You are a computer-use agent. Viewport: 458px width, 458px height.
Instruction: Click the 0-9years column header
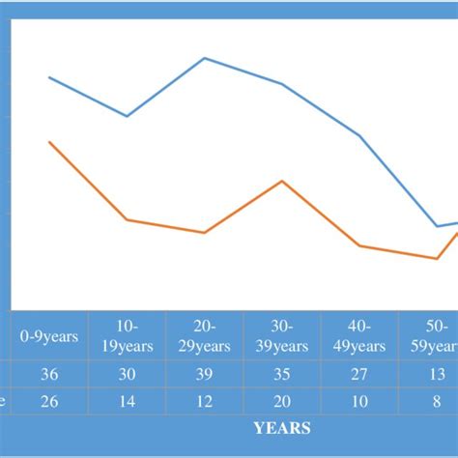[x=49, y=336]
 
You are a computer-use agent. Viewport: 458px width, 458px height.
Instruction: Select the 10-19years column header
[x=127, y=336]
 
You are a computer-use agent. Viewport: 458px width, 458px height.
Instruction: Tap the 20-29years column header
[x=204, y=336]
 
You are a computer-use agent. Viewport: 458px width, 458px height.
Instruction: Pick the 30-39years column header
[x=281, y=336]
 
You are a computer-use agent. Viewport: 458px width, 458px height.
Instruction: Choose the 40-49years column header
[x=358, y=336]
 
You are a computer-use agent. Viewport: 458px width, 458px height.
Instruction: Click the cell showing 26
[x=49, y=401]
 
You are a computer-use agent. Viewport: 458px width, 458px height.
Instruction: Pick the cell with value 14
[x=127, y=401]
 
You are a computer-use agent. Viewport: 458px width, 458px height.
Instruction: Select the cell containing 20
[x=281, y=401]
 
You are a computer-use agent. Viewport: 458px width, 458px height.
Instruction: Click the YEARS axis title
[x=281, y=427]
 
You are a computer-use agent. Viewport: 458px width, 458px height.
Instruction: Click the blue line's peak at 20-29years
[x=205, y=58]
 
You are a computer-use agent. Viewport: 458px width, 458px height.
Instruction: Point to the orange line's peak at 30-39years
[x=281, y=181]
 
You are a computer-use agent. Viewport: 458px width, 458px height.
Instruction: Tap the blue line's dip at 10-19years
[x=128, y=116]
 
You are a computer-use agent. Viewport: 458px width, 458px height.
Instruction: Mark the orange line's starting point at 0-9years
[x=49, y=142]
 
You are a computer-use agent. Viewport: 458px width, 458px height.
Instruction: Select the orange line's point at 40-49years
[x=359, y=245]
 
